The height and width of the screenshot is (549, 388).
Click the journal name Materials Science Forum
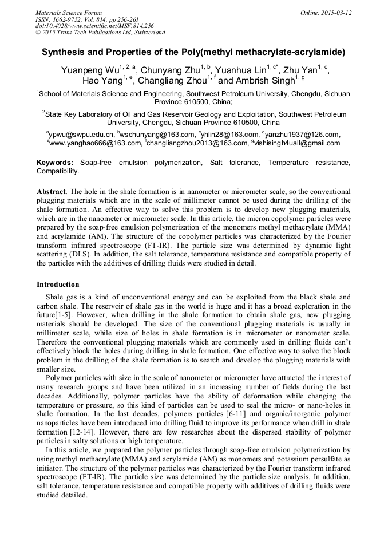tap(69, 13)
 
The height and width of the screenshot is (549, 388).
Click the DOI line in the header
tap(94, 26)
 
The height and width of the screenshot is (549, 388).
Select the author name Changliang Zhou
tap(172, 81)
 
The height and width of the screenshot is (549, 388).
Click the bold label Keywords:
tap(55, 163)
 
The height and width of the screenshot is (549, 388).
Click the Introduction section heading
tap(58, 284)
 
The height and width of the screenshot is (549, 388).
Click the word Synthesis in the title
tap(63, 52)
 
